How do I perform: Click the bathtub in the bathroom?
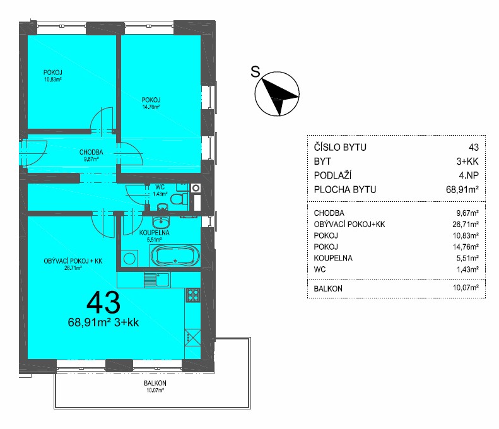click(x=175, y=256)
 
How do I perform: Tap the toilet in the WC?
click(x=179, y=199)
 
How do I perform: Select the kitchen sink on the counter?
click(x=157, y=279)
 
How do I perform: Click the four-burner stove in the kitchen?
click(x=193, y=295)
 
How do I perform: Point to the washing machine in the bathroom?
click(x=129, y=258)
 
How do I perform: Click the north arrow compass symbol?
click(x=277, y=93)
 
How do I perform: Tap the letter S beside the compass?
click(x=255, y=71)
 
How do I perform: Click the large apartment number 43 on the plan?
click(x=103, y=303)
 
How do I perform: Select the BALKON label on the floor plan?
click(x=155, y=383)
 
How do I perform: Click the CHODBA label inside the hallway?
click(x=91, y=152)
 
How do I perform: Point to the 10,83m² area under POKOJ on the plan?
click(x=52, y=79)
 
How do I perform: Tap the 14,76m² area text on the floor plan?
click(x=151, y=107)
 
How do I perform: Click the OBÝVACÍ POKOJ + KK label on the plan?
click(x=73, y=261)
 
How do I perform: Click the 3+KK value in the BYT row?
click(x=467, y=162)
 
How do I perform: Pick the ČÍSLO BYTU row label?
click(x=340, y=148)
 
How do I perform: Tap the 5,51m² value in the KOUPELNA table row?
click(x=467, y=258)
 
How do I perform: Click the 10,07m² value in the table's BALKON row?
click(x=466, y=288)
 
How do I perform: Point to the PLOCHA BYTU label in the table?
click(x=345, y=190)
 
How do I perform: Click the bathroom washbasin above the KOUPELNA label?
click(x=161, y=222)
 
